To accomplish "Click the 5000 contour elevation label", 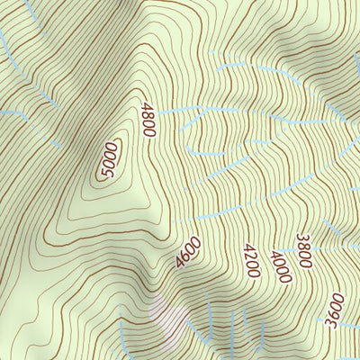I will tap(111, 159).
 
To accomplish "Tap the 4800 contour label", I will tap(148, 120).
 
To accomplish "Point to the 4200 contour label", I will tap(251, 260).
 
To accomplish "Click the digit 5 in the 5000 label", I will tap(104, 170).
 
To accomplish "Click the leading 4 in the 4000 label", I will tap(274, 251).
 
